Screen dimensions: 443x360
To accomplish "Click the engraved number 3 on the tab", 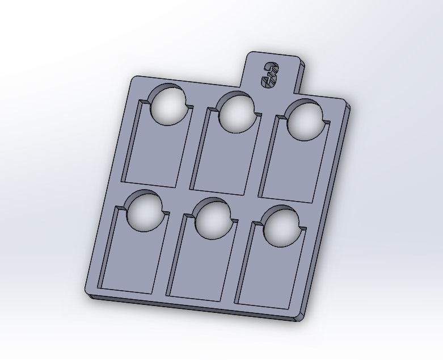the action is click(269, 74).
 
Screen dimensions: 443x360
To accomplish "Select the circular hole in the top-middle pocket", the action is click(237, 113).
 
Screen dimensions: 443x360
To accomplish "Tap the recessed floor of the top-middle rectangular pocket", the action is click(222, 161).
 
